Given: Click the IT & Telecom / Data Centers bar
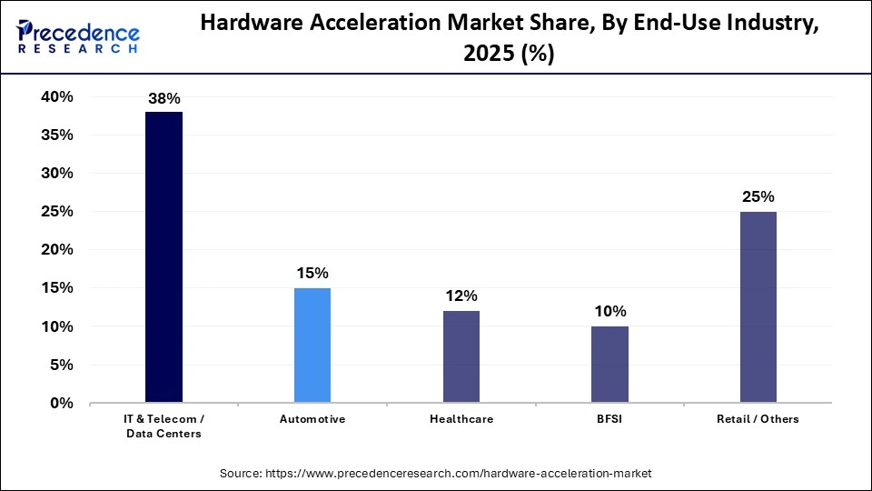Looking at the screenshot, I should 164,256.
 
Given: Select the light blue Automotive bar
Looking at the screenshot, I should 312,345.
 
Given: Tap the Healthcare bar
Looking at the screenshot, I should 461,356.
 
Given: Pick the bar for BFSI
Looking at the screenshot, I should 609,364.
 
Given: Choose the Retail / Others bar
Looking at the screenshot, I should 758,306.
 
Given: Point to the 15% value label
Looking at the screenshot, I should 312,273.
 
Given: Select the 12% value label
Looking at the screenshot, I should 461,296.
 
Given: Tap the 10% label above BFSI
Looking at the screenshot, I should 609,311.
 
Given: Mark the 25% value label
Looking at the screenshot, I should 758,196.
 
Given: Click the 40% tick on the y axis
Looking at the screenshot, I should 56,97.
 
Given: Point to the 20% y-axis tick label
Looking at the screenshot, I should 56,250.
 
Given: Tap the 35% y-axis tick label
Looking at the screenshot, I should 56,135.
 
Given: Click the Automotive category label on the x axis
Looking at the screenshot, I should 312,419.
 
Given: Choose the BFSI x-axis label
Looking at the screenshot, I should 609,419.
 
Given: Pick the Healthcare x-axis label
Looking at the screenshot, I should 461,419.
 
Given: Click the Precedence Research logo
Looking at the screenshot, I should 79,37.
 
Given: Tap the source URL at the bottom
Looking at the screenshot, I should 436,474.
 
